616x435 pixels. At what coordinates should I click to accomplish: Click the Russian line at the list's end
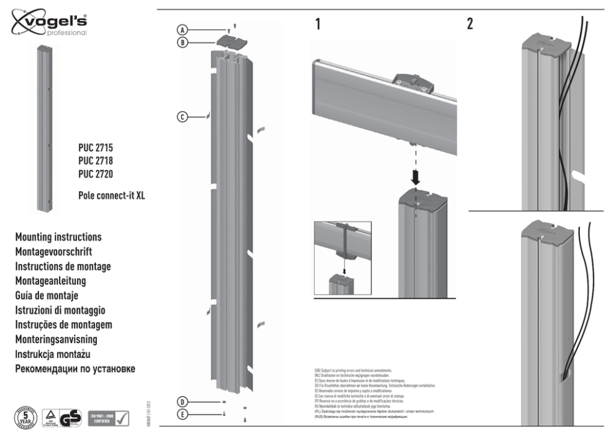(75, 369)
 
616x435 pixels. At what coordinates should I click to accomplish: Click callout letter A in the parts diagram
(182, 30)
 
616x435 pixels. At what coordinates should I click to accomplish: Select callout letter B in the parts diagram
(182, 42)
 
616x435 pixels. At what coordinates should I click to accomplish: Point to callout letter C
(182, 116)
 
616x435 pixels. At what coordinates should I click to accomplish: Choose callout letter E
(182, 414)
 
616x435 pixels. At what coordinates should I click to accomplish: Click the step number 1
(318, 25)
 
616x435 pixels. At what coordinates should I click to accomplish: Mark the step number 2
(470, 25)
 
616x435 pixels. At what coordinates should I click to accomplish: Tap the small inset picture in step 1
(343, 258)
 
